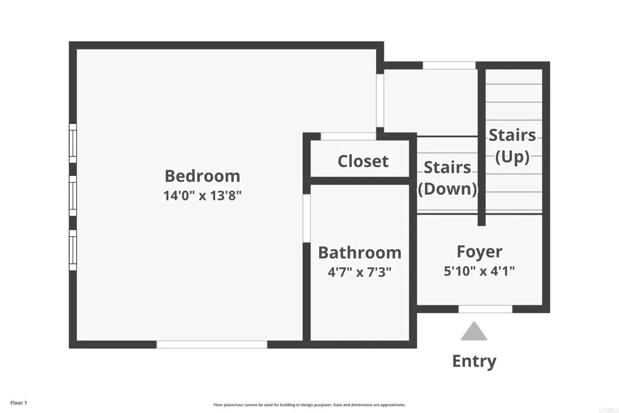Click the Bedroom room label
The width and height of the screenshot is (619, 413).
click(203, 176)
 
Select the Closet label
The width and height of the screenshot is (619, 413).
click(363, 161)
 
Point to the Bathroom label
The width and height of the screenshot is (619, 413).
click(360, 252)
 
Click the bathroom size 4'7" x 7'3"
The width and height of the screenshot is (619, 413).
click(360, 272)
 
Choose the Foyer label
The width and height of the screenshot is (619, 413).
click(479, 252)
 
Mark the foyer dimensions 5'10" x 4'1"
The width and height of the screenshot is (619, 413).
click(479, 272)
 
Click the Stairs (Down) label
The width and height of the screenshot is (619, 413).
click(447, 178)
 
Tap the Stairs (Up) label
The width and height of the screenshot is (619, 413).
click(512, 146)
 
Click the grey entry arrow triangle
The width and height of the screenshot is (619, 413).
click(474, 332)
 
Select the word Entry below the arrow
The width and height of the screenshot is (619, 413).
click(474, 361)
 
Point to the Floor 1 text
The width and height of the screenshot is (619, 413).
click(19, 403)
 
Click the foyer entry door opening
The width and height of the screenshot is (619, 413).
click(485, 309)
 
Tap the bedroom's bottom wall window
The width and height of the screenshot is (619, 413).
click(212, 344)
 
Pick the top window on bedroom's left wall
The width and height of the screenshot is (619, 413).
click(73, 143)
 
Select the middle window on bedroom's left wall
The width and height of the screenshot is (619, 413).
click(73, 195)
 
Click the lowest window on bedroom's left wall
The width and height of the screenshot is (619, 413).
click(73, 249)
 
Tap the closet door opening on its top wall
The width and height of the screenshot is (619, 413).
click(348, 136)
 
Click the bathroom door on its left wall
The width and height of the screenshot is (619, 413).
click(306, 218)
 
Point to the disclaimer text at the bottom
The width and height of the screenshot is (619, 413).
click(309, 405)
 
